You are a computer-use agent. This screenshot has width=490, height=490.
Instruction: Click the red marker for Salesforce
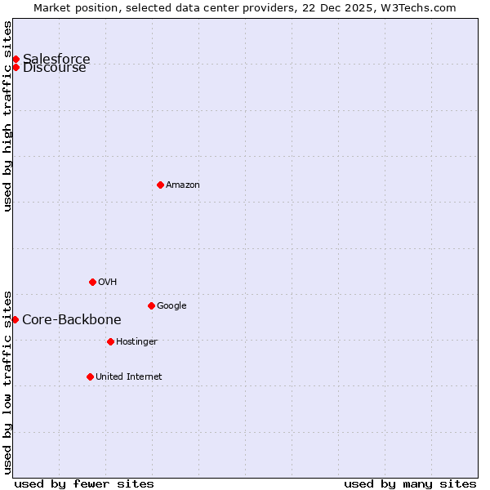(x=16, y=59)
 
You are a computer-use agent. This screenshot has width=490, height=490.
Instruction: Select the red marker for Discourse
(x=16, y=67)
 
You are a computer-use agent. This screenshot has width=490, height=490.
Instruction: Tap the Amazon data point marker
(x=160, y=185)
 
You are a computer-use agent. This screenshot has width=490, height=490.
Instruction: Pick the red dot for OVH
(x=92, y=282)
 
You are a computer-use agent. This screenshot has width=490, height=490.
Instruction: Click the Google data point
(x=151, y=305)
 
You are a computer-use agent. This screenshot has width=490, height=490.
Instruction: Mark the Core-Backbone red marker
(x=15, y=319)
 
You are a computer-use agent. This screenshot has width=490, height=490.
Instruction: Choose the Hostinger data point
(x=110, y=341)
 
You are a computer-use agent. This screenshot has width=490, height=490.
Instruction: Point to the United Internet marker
(x=90, y=376)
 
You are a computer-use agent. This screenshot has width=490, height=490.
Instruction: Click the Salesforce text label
(x=56, y=59)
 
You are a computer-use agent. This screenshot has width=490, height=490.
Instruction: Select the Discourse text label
(x=55, y=68)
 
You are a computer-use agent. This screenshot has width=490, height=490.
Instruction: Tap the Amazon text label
(x=183, y=185)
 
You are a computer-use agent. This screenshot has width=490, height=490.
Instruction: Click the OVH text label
(x=108, y=283)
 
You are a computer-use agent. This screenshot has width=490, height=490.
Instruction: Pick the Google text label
(x=171, y=306)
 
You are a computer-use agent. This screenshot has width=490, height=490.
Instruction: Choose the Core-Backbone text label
(x=72, y=320)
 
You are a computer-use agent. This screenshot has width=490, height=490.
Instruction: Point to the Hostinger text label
(x=136, y=342)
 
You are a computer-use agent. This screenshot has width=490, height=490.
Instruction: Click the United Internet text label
(x=129, y=377)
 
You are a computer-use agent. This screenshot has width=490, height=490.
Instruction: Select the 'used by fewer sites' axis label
(x=84, y=484)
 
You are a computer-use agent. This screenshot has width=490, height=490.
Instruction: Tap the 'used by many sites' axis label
(x=410, y=484)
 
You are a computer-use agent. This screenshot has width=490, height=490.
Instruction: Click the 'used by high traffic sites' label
(x=8, y=116)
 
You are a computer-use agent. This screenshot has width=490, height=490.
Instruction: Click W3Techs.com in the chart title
(x=423, y=7)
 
